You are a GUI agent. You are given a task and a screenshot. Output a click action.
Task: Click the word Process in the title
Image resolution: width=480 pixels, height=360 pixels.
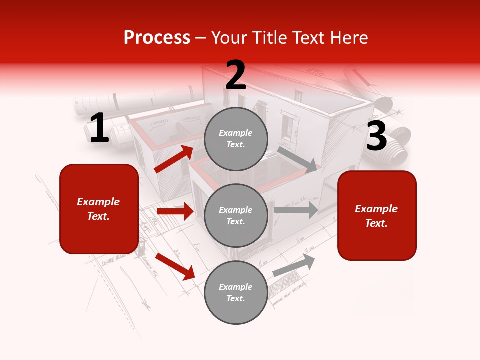point(157,38)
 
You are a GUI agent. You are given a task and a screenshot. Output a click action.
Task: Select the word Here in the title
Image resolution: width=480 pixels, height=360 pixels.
point(346,38)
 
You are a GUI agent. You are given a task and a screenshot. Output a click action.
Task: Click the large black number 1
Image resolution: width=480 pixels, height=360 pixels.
point(99,129)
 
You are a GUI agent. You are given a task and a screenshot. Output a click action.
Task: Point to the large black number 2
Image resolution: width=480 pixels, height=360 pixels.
point(236,76)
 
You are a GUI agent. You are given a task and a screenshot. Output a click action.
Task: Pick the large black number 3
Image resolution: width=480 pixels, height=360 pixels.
point(376,137)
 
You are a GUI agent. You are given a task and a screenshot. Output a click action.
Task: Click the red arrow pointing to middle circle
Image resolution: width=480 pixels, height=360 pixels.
point(175,211)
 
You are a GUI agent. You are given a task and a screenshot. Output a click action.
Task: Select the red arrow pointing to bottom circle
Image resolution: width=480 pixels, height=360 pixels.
point(175,266)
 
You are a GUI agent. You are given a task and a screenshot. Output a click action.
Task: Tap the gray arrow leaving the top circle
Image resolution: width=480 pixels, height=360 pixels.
point(297,159)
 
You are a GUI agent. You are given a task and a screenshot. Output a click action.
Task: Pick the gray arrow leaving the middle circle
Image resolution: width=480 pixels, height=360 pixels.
point(296,210)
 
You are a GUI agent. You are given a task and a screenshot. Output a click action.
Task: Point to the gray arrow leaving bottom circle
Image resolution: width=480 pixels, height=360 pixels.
point(294,265)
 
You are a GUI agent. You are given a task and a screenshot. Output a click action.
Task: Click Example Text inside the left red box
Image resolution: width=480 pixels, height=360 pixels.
point(98,209)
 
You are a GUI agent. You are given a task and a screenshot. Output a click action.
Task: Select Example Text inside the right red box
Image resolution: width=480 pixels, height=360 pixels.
point(376,216)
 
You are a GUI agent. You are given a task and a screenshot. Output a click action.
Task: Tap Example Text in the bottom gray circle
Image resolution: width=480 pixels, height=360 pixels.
point(236,293)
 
